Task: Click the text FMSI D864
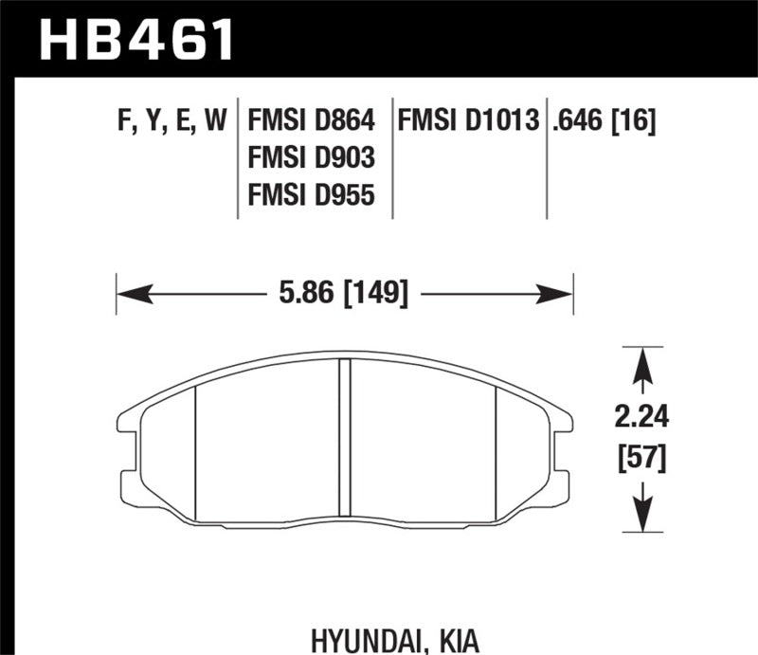(311, 121)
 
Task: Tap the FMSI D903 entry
(311, 157)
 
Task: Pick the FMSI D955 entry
(311, 194)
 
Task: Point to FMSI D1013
(470, 121)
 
